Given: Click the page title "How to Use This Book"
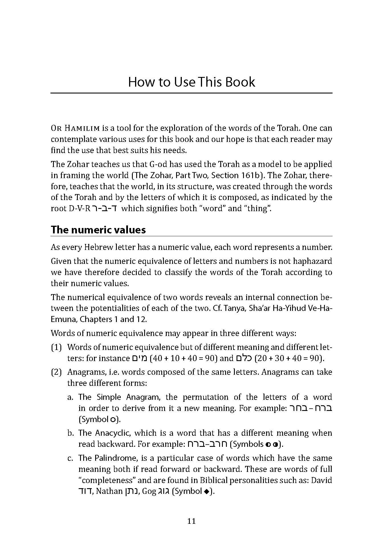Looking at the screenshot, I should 191,82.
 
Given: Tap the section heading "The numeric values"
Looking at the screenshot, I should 98,230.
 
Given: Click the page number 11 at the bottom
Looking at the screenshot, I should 191,521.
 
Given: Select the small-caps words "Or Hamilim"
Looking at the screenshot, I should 75,128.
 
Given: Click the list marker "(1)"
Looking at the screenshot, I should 56,347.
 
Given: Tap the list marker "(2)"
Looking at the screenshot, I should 56,372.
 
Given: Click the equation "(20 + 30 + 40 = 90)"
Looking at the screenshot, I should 289,358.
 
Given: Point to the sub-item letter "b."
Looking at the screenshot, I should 71,433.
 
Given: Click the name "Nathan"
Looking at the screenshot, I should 109,492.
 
